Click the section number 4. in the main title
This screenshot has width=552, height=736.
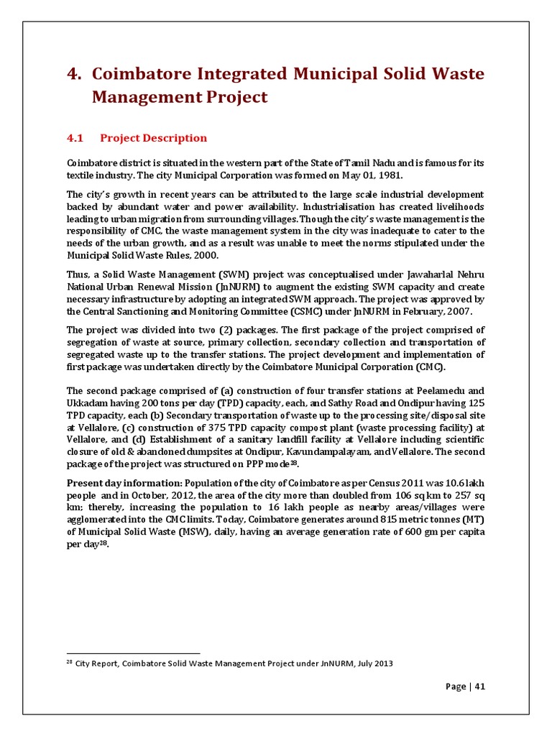[x=75, y=74]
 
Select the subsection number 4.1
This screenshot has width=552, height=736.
[x=75, y=138]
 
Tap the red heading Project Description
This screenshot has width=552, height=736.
[x=153, y=138]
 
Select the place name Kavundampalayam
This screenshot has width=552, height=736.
[x=331, y=451]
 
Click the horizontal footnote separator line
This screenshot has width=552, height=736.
[x=133, y=653]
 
